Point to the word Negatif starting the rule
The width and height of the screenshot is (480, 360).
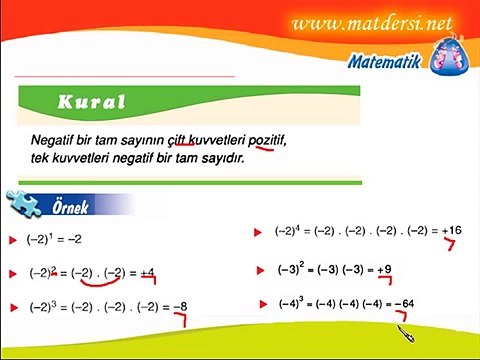(x=52, y=139)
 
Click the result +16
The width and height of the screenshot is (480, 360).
(x=451, y=231)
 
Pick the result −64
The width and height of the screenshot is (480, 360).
(x=404, y=304)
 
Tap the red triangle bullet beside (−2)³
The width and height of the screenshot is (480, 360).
(x=12, y=307)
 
